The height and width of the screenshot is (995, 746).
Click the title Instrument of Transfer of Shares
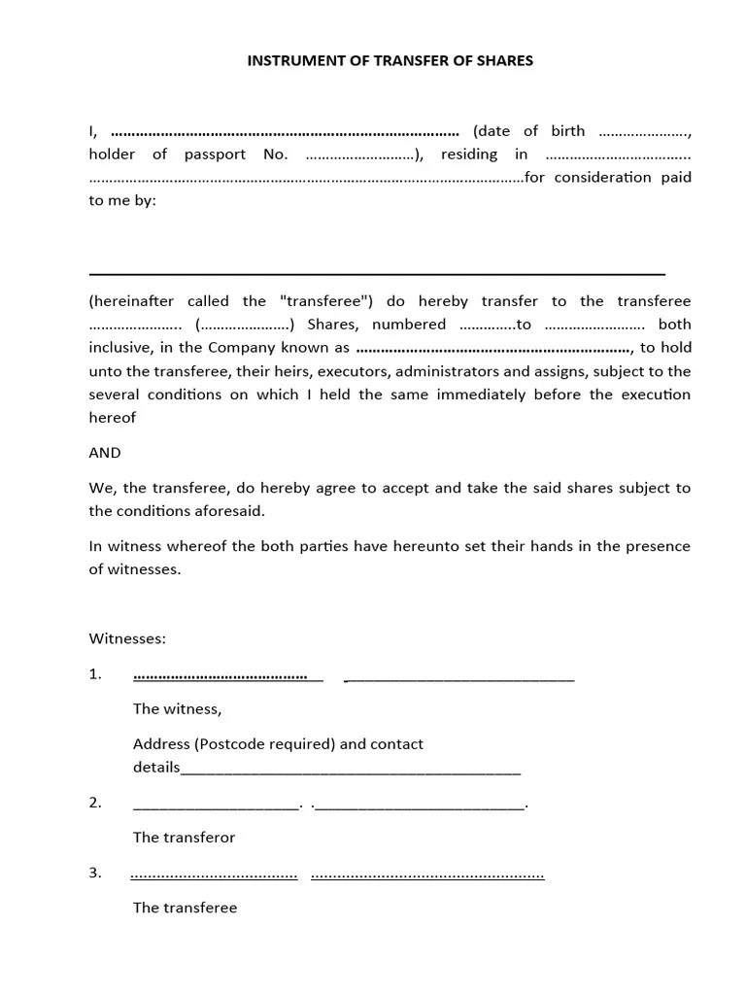point(390,60)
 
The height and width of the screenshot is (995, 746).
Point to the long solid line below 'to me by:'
point(377,275)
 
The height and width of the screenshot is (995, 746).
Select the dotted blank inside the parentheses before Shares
point(246,325)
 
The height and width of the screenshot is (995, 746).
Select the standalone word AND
point(105,453)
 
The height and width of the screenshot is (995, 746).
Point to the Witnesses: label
point(127,638)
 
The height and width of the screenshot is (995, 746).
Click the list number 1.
point(95,674)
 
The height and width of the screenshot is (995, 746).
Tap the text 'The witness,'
point(177,709)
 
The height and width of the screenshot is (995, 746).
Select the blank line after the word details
point(351,770)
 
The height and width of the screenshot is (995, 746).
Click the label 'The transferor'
point(184,838)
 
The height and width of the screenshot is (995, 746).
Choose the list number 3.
point(95,873)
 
